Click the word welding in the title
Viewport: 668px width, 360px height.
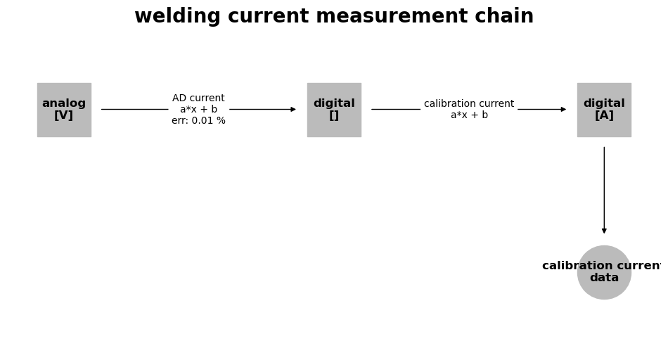coord(177,17)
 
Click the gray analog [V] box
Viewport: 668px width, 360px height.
coord(64,110)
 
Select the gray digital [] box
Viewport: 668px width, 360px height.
coord(335,110)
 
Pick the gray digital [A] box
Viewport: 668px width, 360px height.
coord(604,110)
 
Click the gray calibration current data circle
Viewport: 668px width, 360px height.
coord(604,272)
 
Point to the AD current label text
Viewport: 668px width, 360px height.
coord(198,98)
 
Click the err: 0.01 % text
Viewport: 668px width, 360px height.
coord(198,120)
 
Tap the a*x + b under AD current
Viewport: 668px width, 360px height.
coord(198,110)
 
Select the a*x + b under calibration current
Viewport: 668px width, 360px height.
coord(469,115)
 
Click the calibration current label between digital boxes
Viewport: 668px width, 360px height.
coord(469,103)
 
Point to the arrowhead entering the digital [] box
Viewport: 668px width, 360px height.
coord(293,110)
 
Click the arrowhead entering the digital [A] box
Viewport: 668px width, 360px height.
coord(563,110)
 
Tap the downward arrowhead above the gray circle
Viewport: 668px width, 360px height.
coord(604,231)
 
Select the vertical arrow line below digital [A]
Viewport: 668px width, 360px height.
coord(604,191)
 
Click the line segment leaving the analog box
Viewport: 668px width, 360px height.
coord(134,110)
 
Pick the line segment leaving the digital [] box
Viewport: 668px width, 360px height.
coord(396,110)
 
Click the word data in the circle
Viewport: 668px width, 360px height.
coord(604,278)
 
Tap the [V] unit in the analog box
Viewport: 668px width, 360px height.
coord(64,115)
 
